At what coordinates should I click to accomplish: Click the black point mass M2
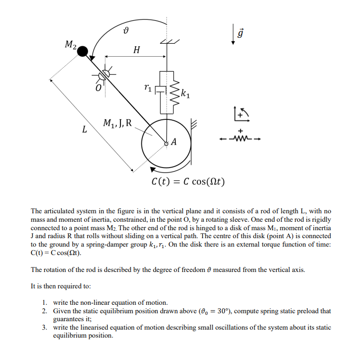point(84,51)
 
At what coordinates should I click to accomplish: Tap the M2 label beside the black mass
point(71,45)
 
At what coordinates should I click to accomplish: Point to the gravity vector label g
point(241,34)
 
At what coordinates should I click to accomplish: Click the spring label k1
point(185,93)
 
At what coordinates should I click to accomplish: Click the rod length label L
point(84,130)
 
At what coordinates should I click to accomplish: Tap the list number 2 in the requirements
point(45,311)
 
